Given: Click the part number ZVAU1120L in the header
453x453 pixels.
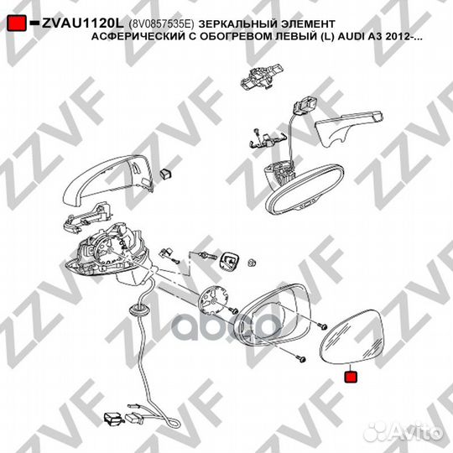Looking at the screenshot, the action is pyautogui.click(x=82, y=23).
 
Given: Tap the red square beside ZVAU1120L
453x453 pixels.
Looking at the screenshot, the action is pyautogui.click(x=17, y=23).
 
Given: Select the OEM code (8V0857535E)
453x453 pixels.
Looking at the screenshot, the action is pyautogui.click(x=161, y=24).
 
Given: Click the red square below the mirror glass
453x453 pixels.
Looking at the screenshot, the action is pyautogui.click(x=351, y=377).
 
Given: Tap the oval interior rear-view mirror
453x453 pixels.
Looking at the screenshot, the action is pyautogui.click(x=304, y=190).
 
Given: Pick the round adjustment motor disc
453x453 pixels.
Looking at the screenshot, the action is pyautogui.click(x=214, y=300).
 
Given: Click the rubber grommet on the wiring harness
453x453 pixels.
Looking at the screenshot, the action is pyautogui.click(x=139, y=310).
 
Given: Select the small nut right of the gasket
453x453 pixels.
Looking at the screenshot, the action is pyautogui.click(x=252, y=263).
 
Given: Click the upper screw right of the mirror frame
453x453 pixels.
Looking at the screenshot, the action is pyautogui.click(x=322, y=326).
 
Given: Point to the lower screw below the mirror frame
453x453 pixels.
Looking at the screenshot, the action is pyautogui.click(x=301, y=359).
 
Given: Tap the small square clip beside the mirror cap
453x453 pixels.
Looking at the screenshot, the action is pyautogui.click(x=166, y=174).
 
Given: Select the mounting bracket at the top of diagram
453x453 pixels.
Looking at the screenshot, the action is pyautogui.click(x=262, y=76).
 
